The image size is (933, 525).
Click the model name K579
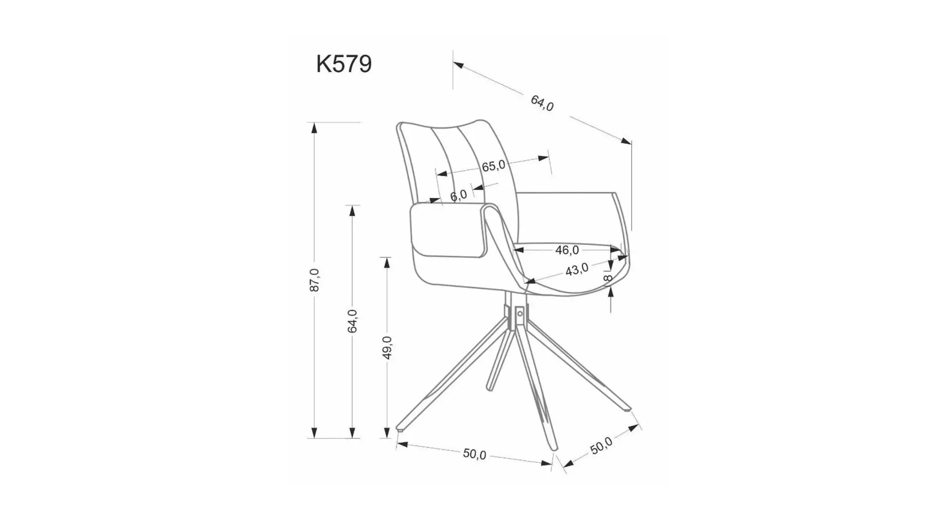[344, 64]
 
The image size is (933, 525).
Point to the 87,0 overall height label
[314, 280]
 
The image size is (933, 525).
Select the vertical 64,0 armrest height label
[352, 321]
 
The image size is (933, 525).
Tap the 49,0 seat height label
[387, 348]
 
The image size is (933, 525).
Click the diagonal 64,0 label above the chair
[542, 103]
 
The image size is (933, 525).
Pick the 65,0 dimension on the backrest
[493, 166]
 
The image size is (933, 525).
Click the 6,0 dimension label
[458, 195]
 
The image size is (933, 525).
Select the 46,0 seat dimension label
[567, 250]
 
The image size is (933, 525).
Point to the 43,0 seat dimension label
[577, 269]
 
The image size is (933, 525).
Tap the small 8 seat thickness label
[607, 278]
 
